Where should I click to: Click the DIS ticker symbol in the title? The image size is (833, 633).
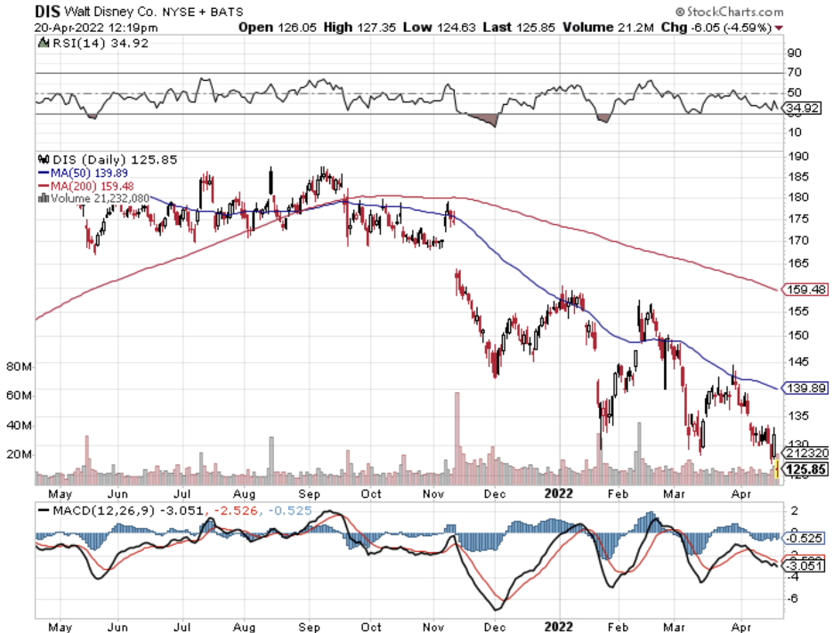click(49, 12)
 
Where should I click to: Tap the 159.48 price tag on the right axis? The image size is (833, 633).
click(805, 289)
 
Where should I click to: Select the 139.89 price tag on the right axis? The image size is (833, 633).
click(805, 388)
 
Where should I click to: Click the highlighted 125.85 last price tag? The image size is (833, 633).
click(805, 469)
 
